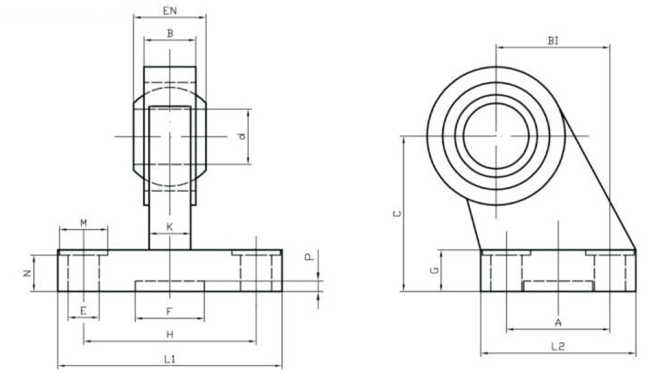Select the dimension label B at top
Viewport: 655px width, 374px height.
click(170, 33)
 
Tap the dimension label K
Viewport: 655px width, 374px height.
click(169, 227)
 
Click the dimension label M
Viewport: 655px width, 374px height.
click(83, 223)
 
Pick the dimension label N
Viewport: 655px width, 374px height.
click(27, 273)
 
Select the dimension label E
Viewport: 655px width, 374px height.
click(83, 311)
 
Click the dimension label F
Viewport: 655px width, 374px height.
click(169, 312)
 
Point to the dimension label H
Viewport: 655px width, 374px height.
click(169, 334)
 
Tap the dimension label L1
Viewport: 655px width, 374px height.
click(169, 360)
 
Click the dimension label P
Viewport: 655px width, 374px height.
click(309, 257)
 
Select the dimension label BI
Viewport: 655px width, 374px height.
click(553, 40)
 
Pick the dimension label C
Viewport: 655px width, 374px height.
click(397, 213)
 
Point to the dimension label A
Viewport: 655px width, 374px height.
click(557, 322)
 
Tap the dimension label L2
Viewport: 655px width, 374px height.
click(558, 346)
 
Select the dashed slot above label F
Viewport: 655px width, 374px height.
click(169, 286)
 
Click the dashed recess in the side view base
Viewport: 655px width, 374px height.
click(557, 286)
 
